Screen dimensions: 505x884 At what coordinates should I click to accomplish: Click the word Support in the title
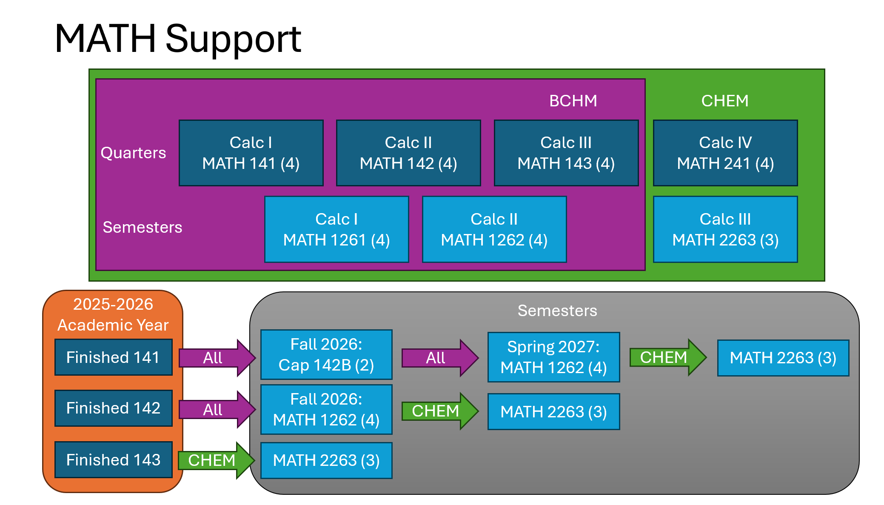point(233,39)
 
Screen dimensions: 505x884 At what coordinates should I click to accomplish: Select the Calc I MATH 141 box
point(251,153)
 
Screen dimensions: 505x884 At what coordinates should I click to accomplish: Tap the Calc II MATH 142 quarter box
point(408,153)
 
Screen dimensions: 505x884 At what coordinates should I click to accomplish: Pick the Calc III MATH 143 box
point(566,153)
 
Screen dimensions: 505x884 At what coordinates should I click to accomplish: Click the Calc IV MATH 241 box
point(725,153)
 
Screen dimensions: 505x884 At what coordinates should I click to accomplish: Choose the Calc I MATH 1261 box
point(336,229)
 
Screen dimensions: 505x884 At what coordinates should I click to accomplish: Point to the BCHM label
point(573,101)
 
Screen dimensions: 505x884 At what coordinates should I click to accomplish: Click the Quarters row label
point(133,153)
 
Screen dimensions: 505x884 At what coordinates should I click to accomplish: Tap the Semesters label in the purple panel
point(143,227)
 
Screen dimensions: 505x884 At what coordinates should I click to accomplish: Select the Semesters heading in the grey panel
point(557,311)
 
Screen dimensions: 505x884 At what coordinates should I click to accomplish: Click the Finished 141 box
point(113,357)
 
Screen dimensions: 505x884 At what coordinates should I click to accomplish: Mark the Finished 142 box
point(113,408)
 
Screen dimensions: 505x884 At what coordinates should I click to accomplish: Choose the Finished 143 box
point(113,460)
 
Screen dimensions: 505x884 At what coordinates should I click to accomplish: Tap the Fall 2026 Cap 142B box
point(326,354)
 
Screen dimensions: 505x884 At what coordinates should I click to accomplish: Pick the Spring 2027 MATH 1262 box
point(553,357)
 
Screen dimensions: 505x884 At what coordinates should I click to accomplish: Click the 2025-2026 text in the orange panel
point(113,304)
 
